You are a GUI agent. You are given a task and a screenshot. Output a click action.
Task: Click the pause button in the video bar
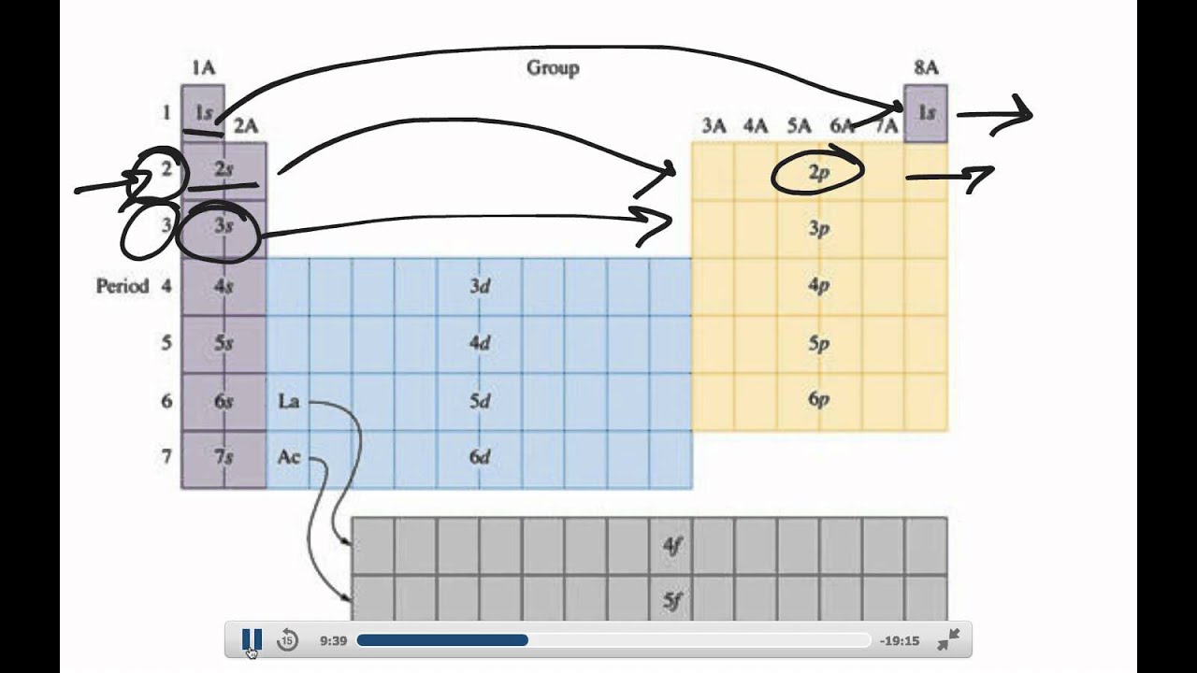point(252,640)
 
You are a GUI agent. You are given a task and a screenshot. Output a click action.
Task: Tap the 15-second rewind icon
point(287,640)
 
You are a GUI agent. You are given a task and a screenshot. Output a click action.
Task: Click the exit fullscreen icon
point(948,640)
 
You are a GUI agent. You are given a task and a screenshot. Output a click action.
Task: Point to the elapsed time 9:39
point(334,641)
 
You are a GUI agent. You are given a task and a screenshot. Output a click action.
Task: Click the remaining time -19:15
point(900,641)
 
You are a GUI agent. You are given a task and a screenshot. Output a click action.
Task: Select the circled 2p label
point(818,171)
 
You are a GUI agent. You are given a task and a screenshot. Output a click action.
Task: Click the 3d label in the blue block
point(480,286)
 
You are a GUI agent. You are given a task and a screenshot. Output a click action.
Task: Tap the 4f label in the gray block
point(672,546)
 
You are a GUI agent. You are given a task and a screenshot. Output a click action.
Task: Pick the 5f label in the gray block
point(672,601)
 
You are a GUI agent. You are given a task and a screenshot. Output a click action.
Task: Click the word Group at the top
point(553,67)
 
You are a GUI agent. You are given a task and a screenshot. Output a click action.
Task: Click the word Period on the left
point(123,285)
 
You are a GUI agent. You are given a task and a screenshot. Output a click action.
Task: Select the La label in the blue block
point(289,401)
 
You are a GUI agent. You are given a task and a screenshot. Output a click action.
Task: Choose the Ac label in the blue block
point(289,458)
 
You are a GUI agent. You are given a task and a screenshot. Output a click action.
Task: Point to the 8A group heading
point(926,67)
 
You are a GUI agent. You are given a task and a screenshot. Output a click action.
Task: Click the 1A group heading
point(203,67)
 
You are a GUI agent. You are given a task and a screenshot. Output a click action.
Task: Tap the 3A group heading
point(714,125)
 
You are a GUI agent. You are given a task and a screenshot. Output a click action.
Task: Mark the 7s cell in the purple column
point(223,458)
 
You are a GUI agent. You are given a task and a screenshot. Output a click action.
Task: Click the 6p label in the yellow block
point(818,400)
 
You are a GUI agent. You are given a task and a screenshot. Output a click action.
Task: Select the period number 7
point(166,457)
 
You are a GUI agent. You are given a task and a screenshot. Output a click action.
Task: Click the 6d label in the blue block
point(480,458)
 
